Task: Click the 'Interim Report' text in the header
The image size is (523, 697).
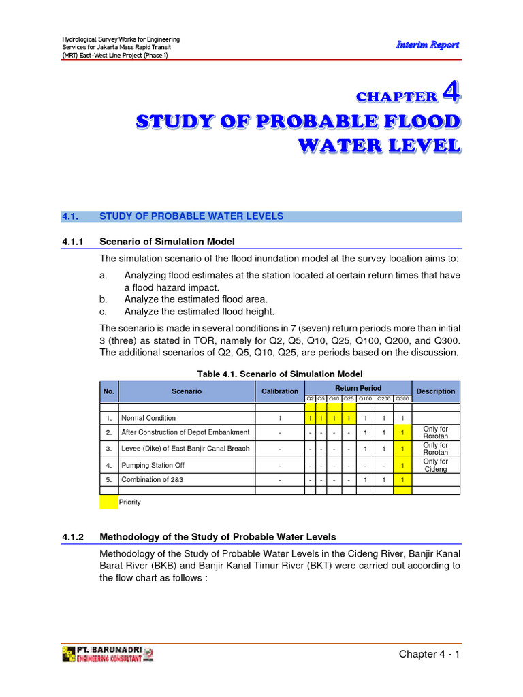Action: pos(428,44)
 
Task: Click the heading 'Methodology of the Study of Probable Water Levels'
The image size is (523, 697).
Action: pos(217,536)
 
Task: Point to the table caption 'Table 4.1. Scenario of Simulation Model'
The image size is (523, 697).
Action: pos(280,374)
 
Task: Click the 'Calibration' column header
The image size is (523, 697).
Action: pos(280,391)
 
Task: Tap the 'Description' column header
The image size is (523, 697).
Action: pos(436,391)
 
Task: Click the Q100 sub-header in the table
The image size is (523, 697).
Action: pos(366,398)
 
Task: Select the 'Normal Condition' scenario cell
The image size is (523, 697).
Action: pos(148,418)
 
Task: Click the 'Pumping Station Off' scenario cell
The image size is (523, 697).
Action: pos(153,466)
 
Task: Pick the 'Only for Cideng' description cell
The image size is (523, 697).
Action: pos(436,466)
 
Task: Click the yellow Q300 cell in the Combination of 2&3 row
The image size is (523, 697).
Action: pos(402,479)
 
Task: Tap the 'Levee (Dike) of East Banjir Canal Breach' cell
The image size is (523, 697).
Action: pos(185,449)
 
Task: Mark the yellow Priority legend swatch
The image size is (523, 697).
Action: pos(108,502)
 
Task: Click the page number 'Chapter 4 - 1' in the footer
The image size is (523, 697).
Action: pos(429,654)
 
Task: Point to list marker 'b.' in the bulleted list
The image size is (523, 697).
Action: pos(104,299)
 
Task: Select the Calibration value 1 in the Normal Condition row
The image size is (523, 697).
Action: pos(280,418)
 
